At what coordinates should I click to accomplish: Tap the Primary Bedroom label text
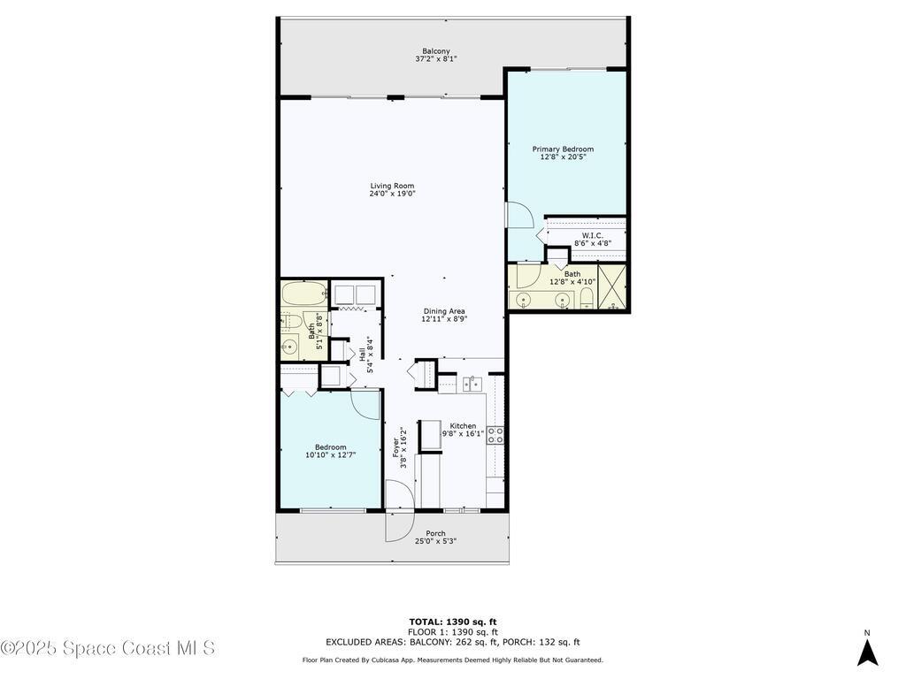click(x=563, y=149)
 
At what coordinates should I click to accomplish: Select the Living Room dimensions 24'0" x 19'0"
click(x=392, y=194)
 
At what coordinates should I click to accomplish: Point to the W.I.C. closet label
click(x=592, y=235)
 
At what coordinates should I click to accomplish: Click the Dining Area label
click(x=443, y=311)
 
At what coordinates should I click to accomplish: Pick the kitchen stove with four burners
click(x=495, y=435)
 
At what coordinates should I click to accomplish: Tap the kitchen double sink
click(x=473, y=384)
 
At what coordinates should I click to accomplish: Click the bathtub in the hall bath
click(x=303, y=293)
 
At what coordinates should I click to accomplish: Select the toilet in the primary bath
click(x=587, y=297)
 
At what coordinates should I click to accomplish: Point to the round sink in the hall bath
click(x=289, y=347)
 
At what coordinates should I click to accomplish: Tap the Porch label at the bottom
click(x=435, y=533)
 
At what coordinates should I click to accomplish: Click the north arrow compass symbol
click(x=867, y=652)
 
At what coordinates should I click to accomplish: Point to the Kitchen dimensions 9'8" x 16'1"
click(x=462, y=434)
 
